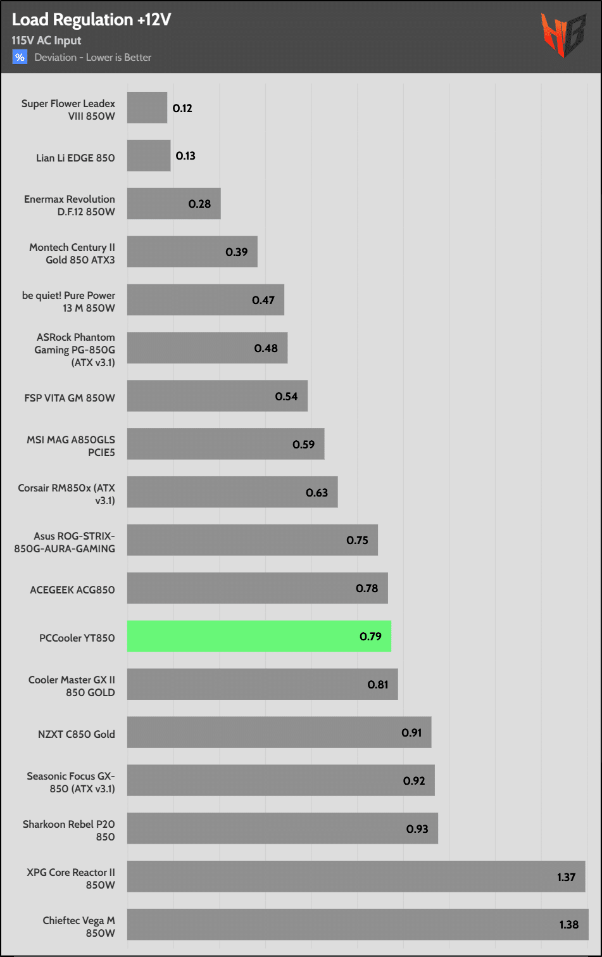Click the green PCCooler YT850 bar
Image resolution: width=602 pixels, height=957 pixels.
[x=259, y=636]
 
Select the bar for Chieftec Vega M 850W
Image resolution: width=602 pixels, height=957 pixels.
[x=358, y=925]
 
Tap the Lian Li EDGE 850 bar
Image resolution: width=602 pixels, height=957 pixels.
[x=149, y=156]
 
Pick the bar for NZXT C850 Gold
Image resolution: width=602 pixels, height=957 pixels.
[x=279, y=732]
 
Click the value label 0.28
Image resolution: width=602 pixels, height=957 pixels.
[x=199, y=204]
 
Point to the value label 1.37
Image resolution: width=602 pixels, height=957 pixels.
[x=566, y=877]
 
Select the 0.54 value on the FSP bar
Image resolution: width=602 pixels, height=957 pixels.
[x=286, y=396]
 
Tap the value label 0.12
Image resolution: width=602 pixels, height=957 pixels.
[x=182, y=108]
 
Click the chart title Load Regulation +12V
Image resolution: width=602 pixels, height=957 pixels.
[x=91, y=20]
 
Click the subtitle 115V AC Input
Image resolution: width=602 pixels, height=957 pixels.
[x=46, y=41]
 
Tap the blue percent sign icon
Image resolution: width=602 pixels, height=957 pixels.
[x=20, y=58]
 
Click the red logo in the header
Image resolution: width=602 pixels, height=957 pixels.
[x=563, y=35]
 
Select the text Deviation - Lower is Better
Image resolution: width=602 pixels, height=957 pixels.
[x=93, y=58]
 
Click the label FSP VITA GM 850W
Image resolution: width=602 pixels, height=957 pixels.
[x=70, y=398]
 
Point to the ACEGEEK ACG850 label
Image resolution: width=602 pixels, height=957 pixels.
[x=72, y=590]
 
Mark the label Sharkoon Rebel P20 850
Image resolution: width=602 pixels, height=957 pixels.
[x=69, y=830]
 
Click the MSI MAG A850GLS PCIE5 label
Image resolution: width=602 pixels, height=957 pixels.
[x=71, y=446]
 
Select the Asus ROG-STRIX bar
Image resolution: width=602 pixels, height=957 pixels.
[x=252, y=540]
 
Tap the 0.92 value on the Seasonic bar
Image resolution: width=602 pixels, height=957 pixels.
[x=414, y=781]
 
